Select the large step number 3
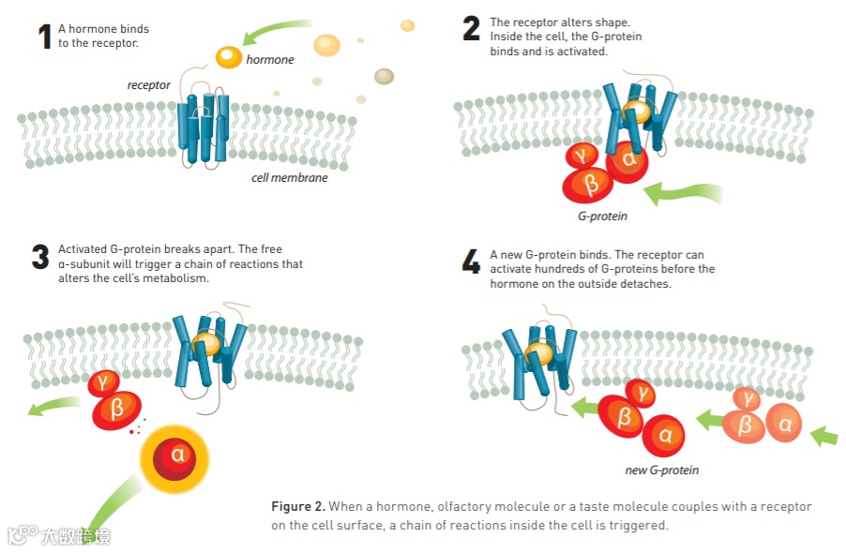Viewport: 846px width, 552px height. (x=39, y=257)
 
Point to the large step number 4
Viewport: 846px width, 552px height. (x=471, y=262)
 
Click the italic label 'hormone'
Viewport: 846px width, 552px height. (x=270, y=60)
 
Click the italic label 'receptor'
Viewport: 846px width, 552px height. (x=149, y=85)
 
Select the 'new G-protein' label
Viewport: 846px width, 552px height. (x=662, y=470)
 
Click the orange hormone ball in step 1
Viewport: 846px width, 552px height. (x=229, y=57)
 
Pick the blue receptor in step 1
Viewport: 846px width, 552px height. (x=204, y=128)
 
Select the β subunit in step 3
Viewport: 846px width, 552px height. (x=117, y=409)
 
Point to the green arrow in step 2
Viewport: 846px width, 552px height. (x=685, y=193)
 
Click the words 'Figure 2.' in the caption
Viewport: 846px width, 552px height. (x=297, y=506)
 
